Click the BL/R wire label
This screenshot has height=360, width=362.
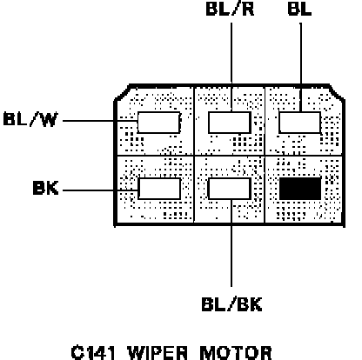click(x=230, y=9)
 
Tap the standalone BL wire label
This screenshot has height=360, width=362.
click(x=299, y=9)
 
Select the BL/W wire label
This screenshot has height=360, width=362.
click(x=30, y=119)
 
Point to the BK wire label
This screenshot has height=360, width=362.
click(x=46, y=188)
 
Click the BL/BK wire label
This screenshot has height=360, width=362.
click(x=231, y=304)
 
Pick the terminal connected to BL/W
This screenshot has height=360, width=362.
click(x=158, y=123)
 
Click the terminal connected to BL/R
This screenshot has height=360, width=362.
click(x=230, y=123)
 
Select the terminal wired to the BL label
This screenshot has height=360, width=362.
click(x=300, y=123)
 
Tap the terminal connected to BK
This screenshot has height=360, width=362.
click(x=159, y=189)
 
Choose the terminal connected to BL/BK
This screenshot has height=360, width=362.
click(x=230, y=189)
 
